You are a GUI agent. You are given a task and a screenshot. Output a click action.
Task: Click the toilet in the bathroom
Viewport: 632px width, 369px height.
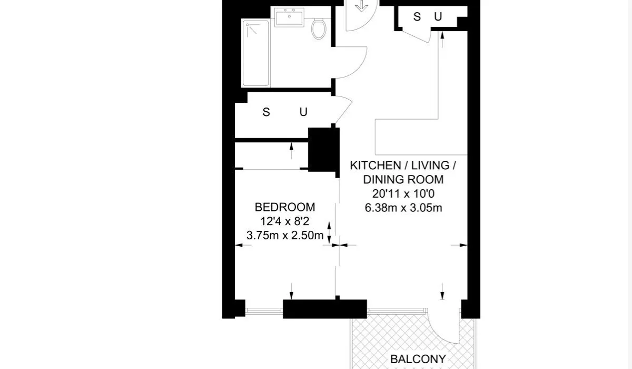point(319,29)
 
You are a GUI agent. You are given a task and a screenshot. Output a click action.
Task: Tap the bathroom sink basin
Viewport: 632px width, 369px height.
point(289,17)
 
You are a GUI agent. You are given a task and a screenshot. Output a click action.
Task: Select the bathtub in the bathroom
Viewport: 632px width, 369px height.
point(255,53)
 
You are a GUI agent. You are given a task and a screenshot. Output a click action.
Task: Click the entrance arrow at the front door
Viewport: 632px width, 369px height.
point(361,6)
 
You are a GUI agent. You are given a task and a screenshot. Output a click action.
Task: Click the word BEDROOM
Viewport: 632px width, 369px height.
point(285,207)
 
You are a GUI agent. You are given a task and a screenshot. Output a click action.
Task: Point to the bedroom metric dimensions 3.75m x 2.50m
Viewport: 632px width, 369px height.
point(285,235)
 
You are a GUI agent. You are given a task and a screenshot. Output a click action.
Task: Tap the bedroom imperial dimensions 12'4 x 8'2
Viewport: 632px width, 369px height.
point(285,221)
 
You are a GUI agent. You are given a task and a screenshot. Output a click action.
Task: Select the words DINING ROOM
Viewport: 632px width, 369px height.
point(403,180)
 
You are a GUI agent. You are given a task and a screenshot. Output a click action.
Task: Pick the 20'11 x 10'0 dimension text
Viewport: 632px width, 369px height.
point(403,193)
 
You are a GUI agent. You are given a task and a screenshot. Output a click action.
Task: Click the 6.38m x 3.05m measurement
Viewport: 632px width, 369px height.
point(403,208)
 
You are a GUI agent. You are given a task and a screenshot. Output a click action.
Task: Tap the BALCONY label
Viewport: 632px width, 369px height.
point(418,359)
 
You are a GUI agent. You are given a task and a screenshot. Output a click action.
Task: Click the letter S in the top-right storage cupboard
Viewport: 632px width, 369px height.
point(417,17)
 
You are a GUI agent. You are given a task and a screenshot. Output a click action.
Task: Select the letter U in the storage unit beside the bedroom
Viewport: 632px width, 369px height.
point(303,112)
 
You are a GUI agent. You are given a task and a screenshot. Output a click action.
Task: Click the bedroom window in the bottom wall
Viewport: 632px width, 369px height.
point(264,311)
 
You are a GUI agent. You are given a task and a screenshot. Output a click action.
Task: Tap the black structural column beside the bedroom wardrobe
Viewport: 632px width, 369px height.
point(323,150)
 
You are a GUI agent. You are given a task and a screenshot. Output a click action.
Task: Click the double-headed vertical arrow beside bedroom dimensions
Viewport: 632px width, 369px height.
point(329,233)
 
